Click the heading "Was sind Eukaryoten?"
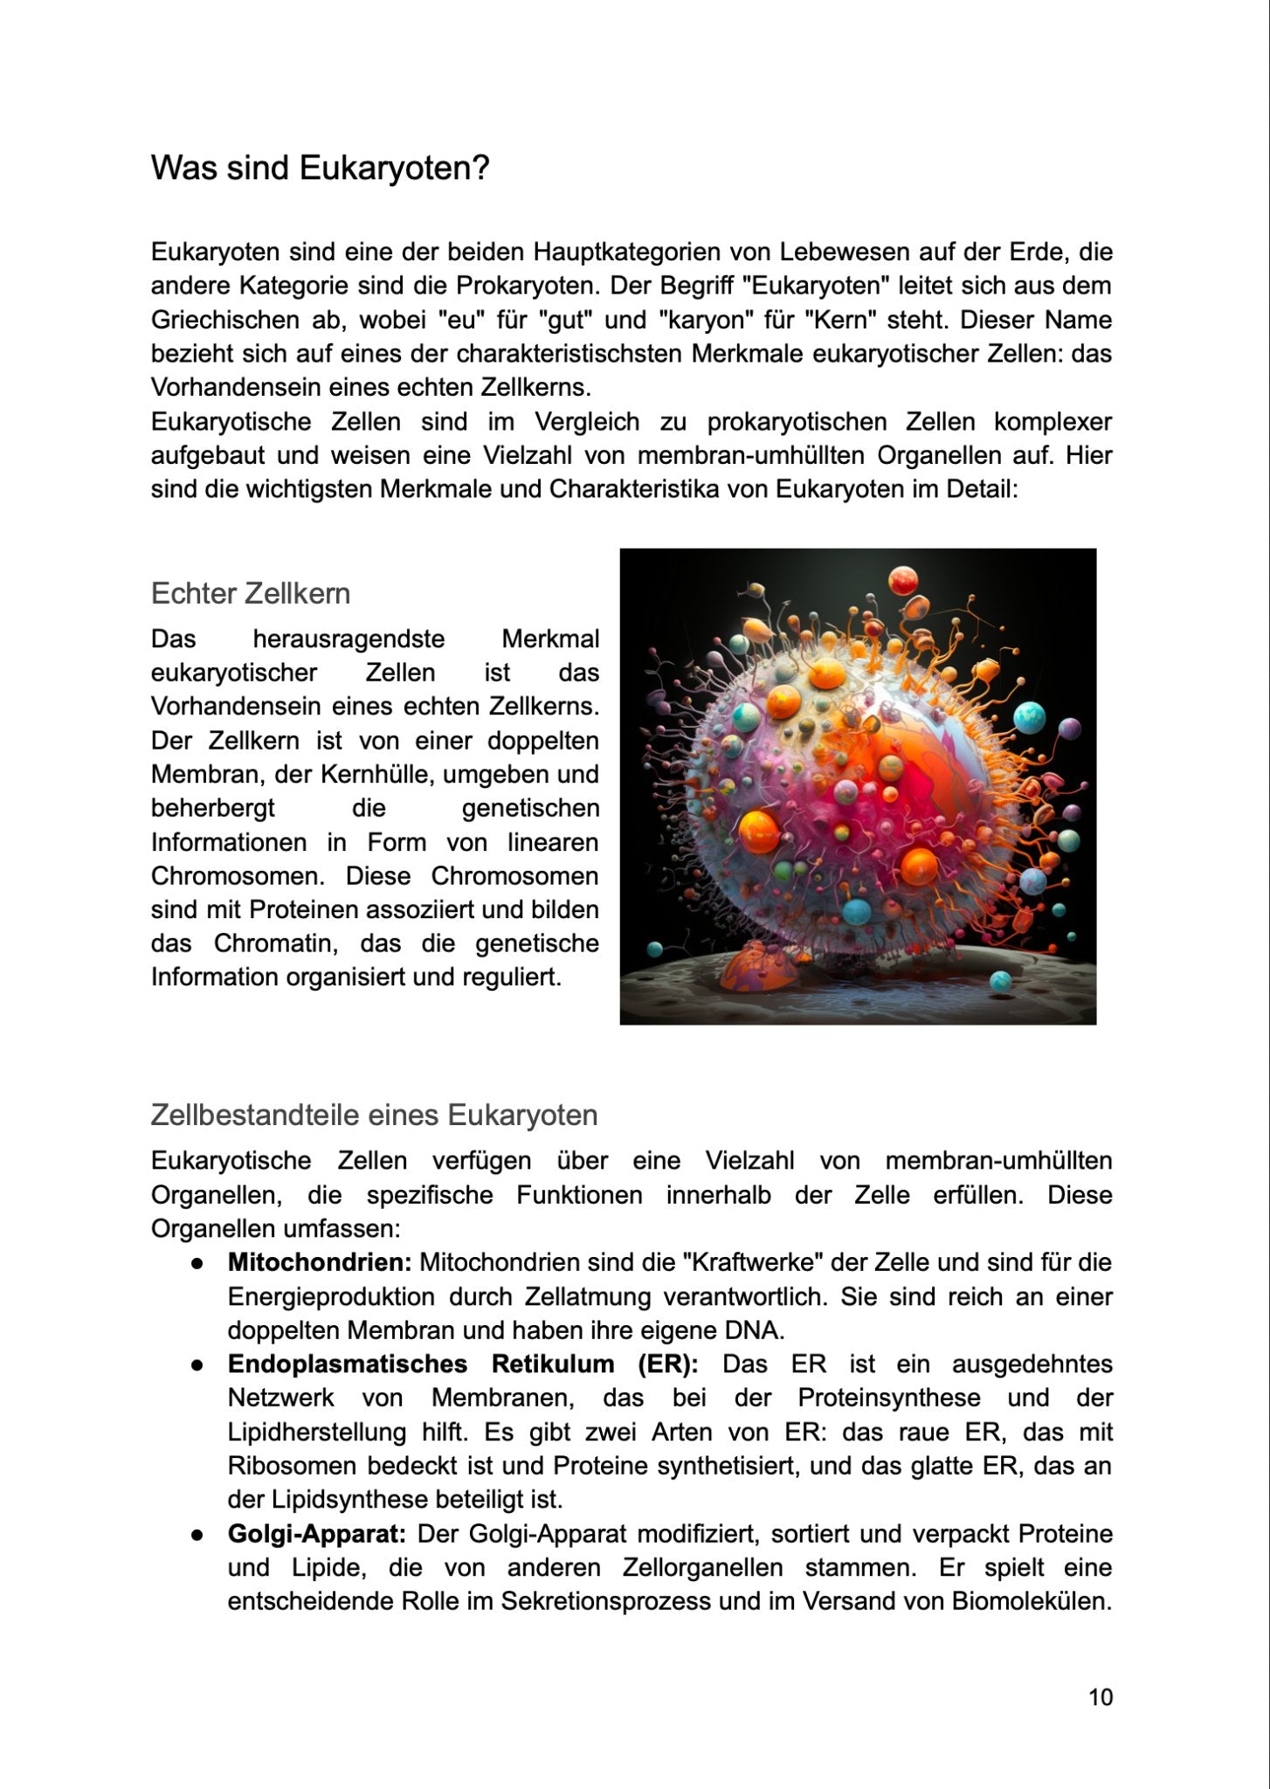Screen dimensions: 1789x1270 320,168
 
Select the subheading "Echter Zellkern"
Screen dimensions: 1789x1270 251,594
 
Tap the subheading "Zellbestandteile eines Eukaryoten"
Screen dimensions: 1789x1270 374,1116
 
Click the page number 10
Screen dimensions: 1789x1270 1101,1696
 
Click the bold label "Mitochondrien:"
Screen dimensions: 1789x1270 320,1263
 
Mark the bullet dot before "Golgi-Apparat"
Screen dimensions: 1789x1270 199,1535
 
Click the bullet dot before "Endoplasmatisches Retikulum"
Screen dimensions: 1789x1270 199,1365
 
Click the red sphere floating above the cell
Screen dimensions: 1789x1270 903,579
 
